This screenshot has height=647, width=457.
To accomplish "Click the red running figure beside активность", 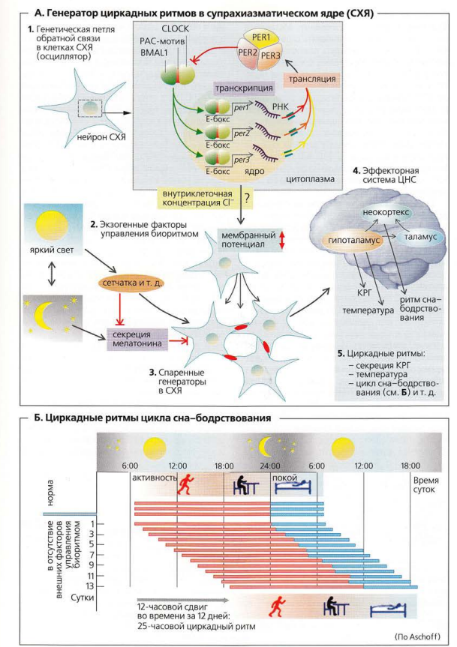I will [185, 486].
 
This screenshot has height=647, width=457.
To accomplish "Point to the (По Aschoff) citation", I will [414, 634].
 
